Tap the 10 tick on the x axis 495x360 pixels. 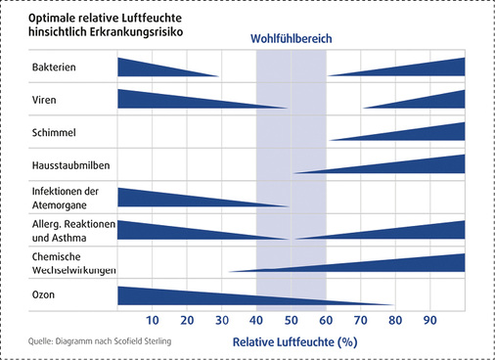153,321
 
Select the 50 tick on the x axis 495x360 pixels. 291,321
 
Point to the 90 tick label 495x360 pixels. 429,321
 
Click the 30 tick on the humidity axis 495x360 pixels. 222,321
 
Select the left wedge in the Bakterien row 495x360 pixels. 147,67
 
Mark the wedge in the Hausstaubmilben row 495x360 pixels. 411,165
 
